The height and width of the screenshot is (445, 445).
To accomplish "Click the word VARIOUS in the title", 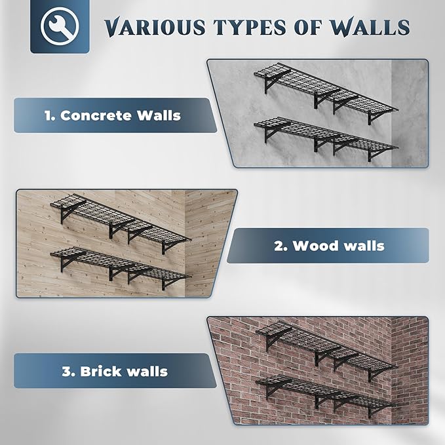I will [148, 28].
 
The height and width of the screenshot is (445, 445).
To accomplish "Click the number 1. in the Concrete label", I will [49, 116].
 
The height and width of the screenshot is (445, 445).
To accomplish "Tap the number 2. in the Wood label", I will [281, 246].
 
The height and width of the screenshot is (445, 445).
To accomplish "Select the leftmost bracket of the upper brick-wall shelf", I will [273, 338].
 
